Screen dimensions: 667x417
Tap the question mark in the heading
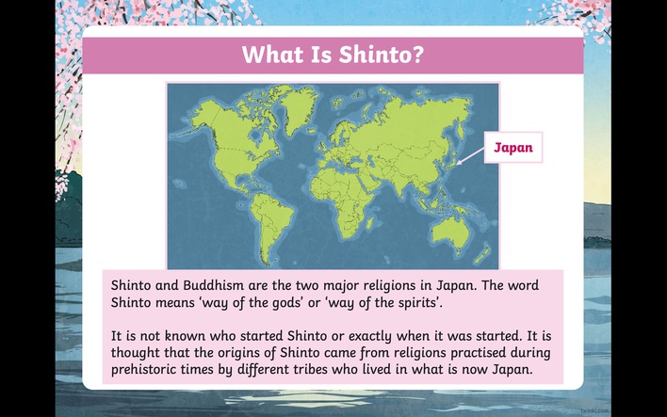point(417,55)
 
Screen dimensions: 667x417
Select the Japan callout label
point(513,148)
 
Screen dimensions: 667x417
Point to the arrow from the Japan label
point(470,156)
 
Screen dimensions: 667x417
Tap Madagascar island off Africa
point(369,223)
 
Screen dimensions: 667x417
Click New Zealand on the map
point(482,254)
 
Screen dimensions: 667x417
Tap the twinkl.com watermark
point(594,410)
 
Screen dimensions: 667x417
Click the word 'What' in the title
point(272,55)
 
